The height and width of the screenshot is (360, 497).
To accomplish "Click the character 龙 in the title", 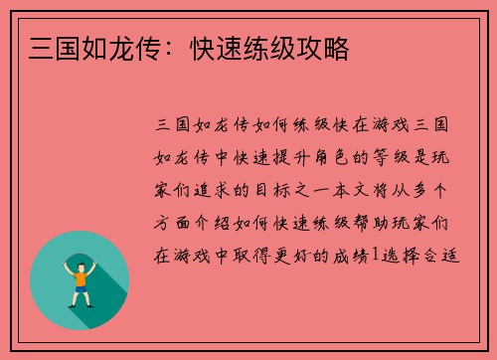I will click(124, 48).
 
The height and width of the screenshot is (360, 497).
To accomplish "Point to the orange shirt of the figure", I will click(80, 277).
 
